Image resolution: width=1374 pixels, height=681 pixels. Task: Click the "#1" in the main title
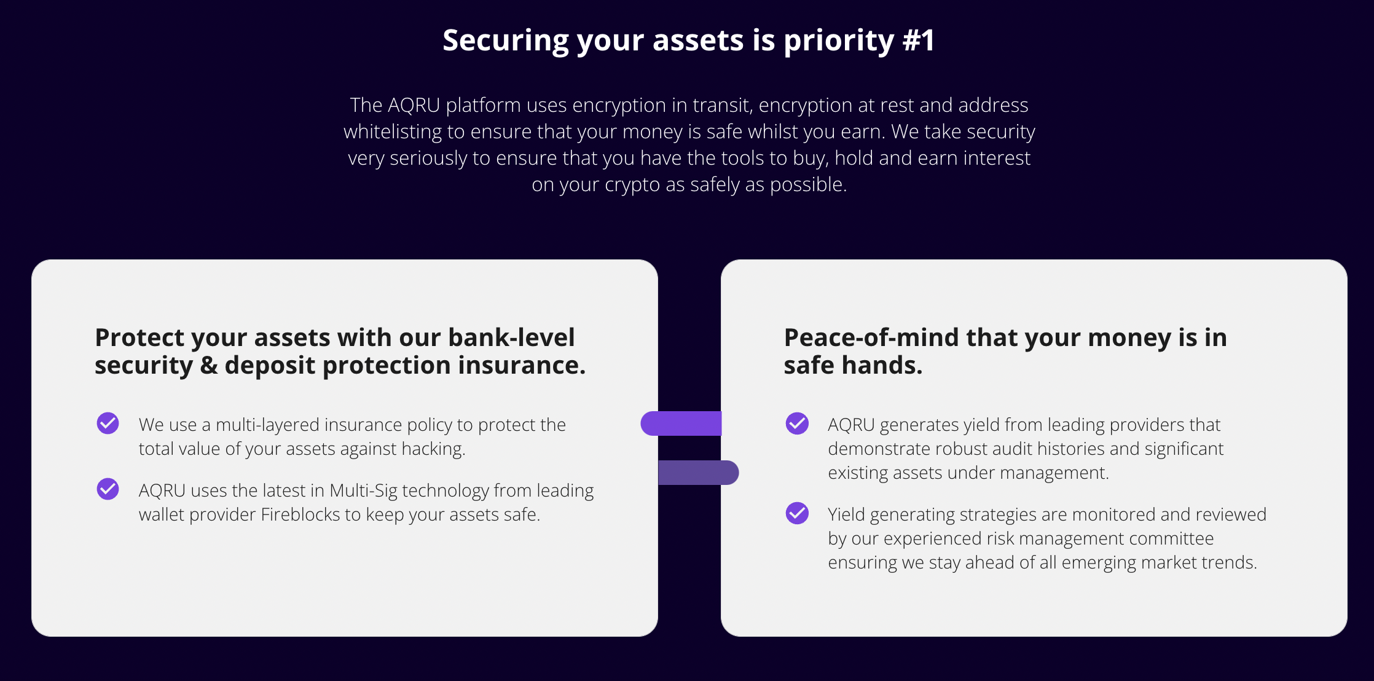(x=919, y=41)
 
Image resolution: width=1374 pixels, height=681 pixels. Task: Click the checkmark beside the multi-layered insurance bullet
(x=108, y=423)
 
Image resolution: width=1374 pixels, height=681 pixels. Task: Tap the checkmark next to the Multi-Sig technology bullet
(x=108, y=489)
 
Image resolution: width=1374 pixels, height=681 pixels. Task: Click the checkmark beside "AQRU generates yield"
(x=797, y=423)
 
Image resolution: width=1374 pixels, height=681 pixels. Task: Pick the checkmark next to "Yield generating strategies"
(x=797, y=513)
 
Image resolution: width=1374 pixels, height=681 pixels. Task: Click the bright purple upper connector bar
(x=681, y=423)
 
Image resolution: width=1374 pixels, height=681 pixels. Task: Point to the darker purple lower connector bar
(x=699, y=473)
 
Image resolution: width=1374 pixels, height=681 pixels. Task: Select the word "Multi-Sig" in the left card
(x=363, y=490)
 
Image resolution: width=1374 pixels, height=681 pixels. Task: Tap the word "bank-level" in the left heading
(x=511, y=337)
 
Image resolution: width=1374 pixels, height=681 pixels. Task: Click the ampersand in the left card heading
(x=209, y=365)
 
